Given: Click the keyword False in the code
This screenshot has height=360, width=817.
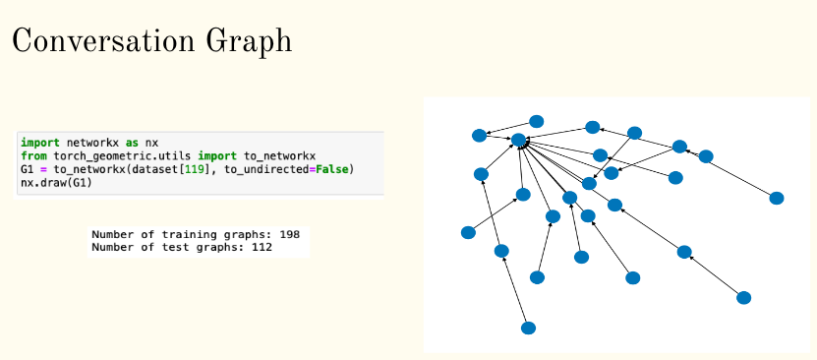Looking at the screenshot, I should click(327, 169).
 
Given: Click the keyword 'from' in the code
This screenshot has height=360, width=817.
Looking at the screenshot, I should click(32, 156).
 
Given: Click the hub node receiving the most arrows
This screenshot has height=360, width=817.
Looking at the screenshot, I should click(519, 141).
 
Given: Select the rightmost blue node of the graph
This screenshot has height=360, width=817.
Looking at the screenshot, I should click(776, 198).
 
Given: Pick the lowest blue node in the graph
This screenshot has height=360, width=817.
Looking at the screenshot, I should click(528, 328).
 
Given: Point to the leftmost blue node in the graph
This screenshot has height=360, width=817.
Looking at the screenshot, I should click(468, 232).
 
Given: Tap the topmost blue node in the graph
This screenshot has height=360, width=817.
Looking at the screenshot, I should click(536, 121).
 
